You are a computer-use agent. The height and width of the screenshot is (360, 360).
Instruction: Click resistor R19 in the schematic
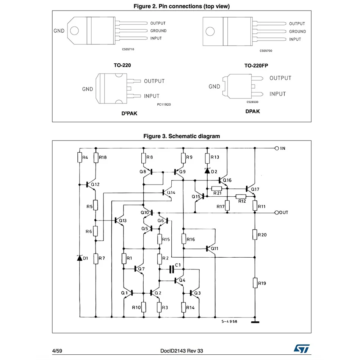click(x=255, y=283)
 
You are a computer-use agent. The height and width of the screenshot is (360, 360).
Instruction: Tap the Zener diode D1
click(x=80, y=258)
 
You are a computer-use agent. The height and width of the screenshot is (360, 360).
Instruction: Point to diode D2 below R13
click(x=207, y=171)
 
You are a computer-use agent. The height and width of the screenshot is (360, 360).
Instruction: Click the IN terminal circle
click(x=277, y=148)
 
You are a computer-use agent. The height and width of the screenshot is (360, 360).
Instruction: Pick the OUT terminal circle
click(x=277, y=213)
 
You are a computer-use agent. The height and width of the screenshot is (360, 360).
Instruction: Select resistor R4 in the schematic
click(x=80, y=157)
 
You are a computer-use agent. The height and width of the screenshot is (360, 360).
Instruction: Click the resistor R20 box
click(x=255, y=235)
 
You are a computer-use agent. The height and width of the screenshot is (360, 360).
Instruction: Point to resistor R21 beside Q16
click(x=217, y=188)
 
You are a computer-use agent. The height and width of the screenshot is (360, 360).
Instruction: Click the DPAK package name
click(x=252, y=111)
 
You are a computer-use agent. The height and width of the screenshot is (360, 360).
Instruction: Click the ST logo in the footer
click(x=302, y=348)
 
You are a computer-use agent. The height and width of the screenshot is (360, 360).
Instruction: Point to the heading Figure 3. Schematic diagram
click(x=181, y=136)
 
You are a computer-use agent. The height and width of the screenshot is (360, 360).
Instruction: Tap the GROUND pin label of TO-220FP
click(x=297, y=31)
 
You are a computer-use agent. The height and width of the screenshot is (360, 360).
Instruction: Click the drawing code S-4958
click(x=229, y=322)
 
